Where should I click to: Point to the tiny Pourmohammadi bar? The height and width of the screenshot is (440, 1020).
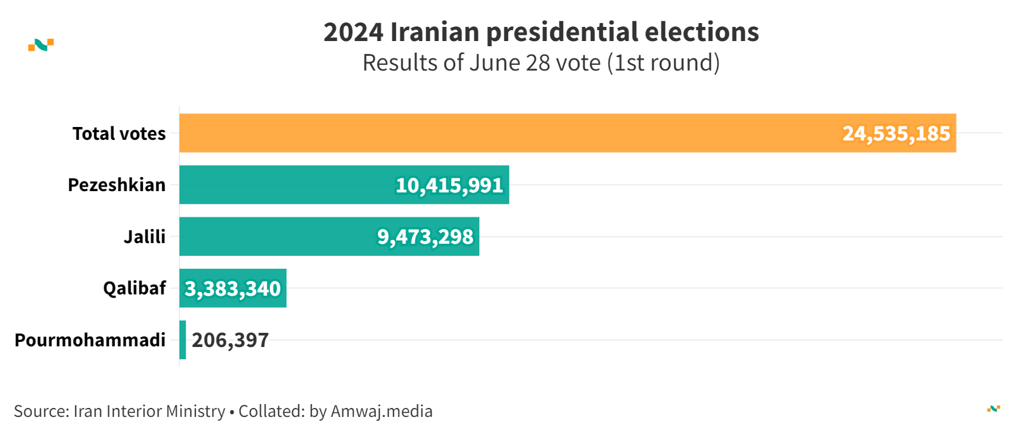pos(183,340)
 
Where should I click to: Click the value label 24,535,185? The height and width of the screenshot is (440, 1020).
pos(896,133)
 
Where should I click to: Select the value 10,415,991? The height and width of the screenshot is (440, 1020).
pos(449,185)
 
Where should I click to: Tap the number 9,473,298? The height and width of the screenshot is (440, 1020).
pos(425,237)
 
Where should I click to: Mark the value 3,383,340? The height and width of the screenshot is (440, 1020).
pos(233,289)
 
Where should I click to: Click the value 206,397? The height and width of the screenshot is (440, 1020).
pos(230,340)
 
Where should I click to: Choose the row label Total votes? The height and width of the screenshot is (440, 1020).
pos(119,133)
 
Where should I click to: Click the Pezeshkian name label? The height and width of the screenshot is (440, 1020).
pos(117,185)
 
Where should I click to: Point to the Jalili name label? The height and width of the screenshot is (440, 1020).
pos(145,237)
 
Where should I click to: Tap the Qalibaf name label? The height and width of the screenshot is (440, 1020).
pos(135,288)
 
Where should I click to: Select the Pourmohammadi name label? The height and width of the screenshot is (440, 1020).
pos(90,340)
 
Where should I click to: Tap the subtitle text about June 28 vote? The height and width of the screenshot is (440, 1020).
pos(541,63)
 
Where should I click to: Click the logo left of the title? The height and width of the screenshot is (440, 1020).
pos(41,45)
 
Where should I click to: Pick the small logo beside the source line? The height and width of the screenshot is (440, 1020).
pos(993,409)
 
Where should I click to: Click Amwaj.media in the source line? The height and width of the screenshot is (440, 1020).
pos(381,411)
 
